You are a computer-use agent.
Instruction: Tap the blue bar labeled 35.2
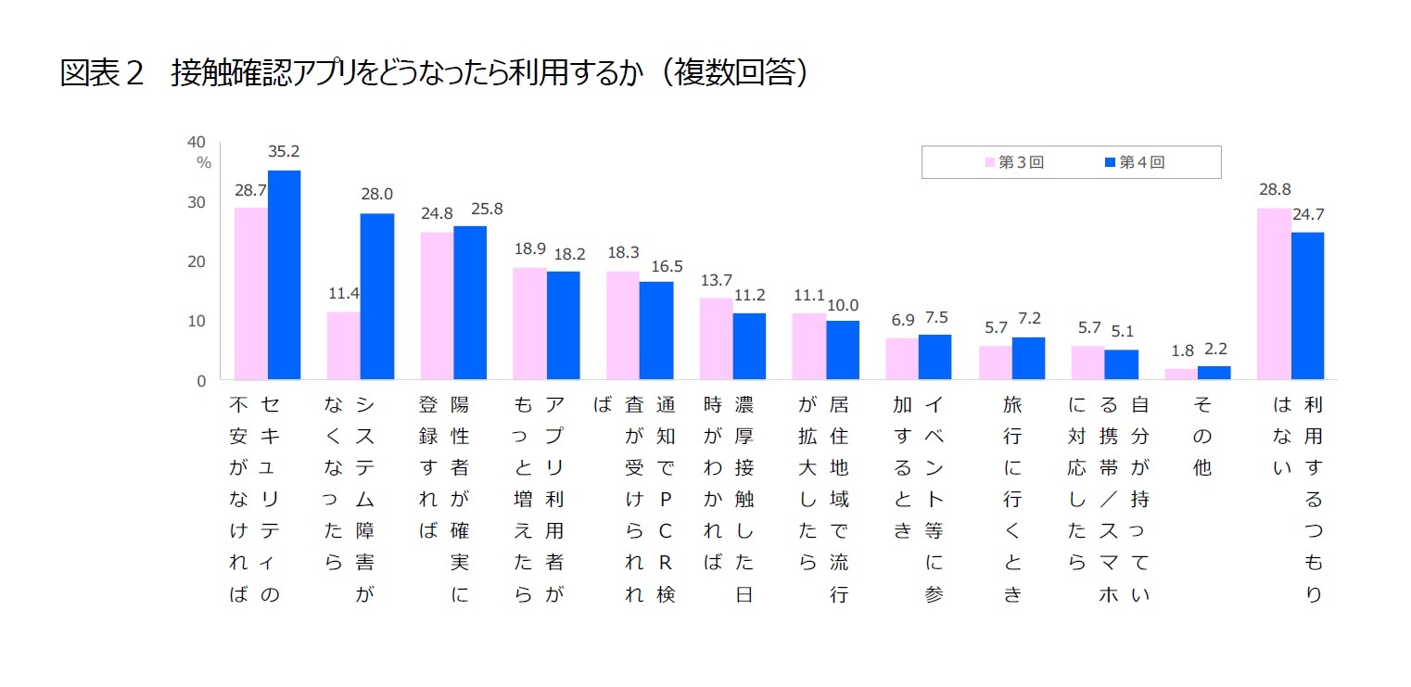pyautogui.click(x=284, y=274)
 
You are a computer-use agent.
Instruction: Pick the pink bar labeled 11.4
pyautogui.click(x=343, y=345)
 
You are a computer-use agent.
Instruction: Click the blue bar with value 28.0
pyautogui.click(x=376, y=296)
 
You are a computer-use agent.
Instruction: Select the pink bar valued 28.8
pyautogui.click(x=1273, y=293)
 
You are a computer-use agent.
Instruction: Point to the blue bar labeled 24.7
pyautogui.click(x=1307, y=305)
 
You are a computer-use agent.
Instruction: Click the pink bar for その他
pyautogui.click(x=1180, y=374)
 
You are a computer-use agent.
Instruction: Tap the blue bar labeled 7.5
pyautogui.click(x=934, y=356)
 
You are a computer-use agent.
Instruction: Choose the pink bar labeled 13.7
pyautogui.click(x=716, y=338)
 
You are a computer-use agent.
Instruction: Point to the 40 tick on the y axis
pyautogui.click(x=196, y=142)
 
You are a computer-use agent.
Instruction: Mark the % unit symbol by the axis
pyautogui.click(x=203, y=163)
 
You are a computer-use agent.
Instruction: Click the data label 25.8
pyautogui.click(x=486, y=210)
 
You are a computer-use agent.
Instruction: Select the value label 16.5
pyautogui.click(x=666, y=266)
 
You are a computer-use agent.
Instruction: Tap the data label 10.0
pyautogui.click(x=843, y=304)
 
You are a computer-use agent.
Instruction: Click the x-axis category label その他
pyautogui.click(x=1201, y=436)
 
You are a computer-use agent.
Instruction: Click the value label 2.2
pyautogui.click(x=1214, y=350)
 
